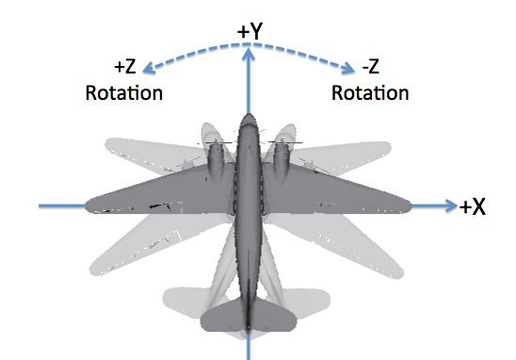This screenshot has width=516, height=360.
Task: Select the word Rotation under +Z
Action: click(123, 93)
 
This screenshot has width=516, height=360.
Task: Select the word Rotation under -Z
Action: click(370, 93)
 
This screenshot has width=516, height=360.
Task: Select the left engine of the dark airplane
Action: click(216, 160)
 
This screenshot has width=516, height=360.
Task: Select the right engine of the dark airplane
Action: click(280, 160)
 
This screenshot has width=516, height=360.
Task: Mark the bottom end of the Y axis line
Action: click(248, 356)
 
